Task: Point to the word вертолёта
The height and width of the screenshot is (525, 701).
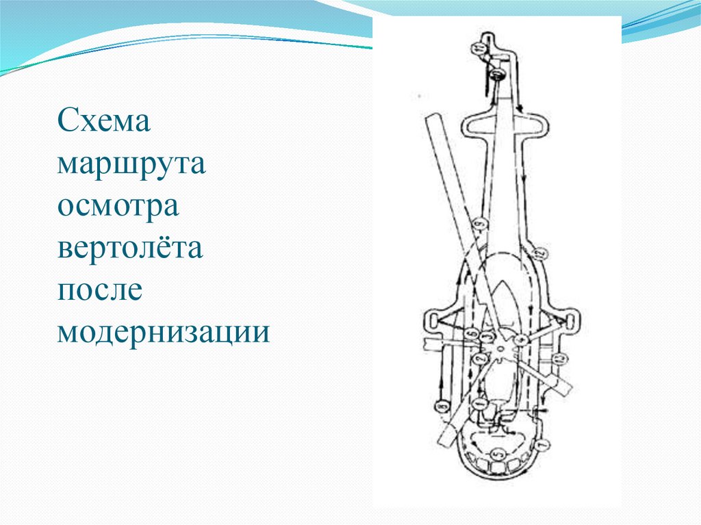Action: point(130,248)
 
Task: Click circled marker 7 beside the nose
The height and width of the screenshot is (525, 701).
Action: point(544,446)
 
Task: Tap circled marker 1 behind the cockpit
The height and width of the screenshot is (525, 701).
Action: point(480,405)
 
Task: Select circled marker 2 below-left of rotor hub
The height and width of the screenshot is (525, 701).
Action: point(479,359)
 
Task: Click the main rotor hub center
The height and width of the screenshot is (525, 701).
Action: point(504,350)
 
